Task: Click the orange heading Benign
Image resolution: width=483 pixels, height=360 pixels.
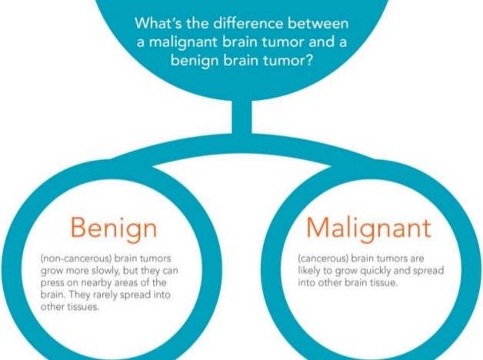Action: coord(113,227)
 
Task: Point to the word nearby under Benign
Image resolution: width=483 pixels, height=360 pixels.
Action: coord(88,284)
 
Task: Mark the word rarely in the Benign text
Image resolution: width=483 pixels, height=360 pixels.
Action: coord(107,296)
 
